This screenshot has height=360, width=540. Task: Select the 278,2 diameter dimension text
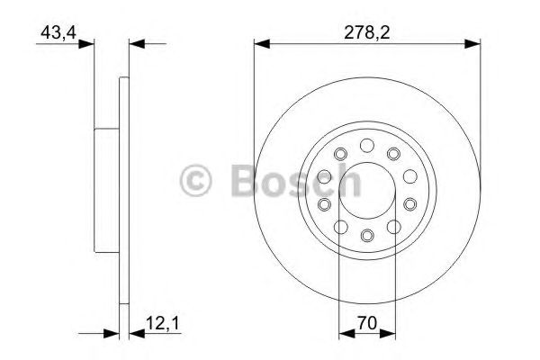(x=366, y=31)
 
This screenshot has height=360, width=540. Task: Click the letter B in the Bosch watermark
(x=244, y=179)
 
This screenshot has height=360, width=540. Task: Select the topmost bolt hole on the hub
(x=366, y=145)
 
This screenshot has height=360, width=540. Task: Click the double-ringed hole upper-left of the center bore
(x=340, y=156)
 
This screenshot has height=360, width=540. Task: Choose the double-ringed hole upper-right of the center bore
(x=393, y=156)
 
